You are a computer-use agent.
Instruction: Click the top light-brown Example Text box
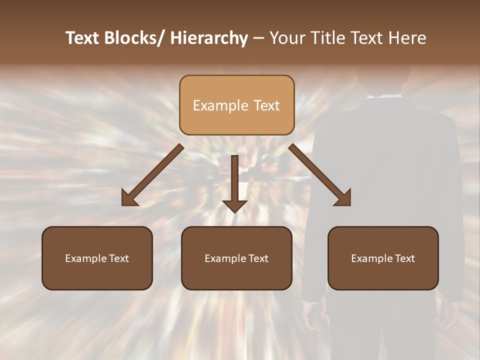coord(236,105)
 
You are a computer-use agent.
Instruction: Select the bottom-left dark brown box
coord(97,258)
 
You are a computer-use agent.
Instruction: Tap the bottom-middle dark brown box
coord(236,258)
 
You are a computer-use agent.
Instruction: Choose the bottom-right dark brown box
coord(383,258)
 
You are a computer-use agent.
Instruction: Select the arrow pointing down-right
coord(320,175)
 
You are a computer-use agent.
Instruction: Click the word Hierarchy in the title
coord(208,38)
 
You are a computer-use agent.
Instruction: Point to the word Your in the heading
coord(286,38)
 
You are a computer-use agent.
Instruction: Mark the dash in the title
coord(258,38)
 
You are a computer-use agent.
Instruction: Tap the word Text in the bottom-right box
coord(404,258)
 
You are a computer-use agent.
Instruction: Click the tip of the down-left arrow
coord(124,203)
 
